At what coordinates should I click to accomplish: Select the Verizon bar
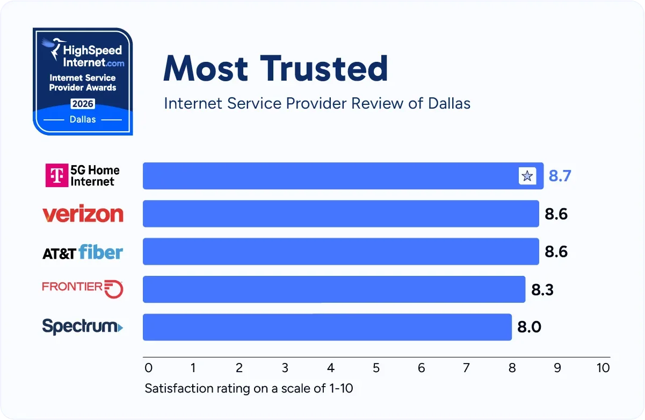[340, 214]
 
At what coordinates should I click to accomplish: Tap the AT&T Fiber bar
[340, 252]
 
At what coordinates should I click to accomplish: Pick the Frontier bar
[334, 289]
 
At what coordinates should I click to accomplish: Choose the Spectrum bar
[327, 327]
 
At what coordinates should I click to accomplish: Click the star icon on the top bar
[527, 176]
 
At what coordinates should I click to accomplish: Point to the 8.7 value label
[560, 176]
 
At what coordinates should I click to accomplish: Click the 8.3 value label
[542, 290]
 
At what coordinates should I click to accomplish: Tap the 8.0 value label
[529, 328]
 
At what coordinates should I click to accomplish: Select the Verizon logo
[83, 214]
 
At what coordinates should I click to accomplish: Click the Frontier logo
[83, 288]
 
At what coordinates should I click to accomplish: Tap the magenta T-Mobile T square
[56, 175]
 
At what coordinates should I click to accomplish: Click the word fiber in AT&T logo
[101, 252]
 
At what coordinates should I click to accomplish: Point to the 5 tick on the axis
[376, 368]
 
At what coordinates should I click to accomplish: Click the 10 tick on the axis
[603, 368]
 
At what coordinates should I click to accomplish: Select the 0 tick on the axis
[149, 368]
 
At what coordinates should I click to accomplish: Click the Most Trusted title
[276, 68]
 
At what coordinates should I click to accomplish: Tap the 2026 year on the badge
[83, 104]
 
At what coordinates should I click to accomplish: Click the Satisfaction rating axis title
[249, 388]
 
